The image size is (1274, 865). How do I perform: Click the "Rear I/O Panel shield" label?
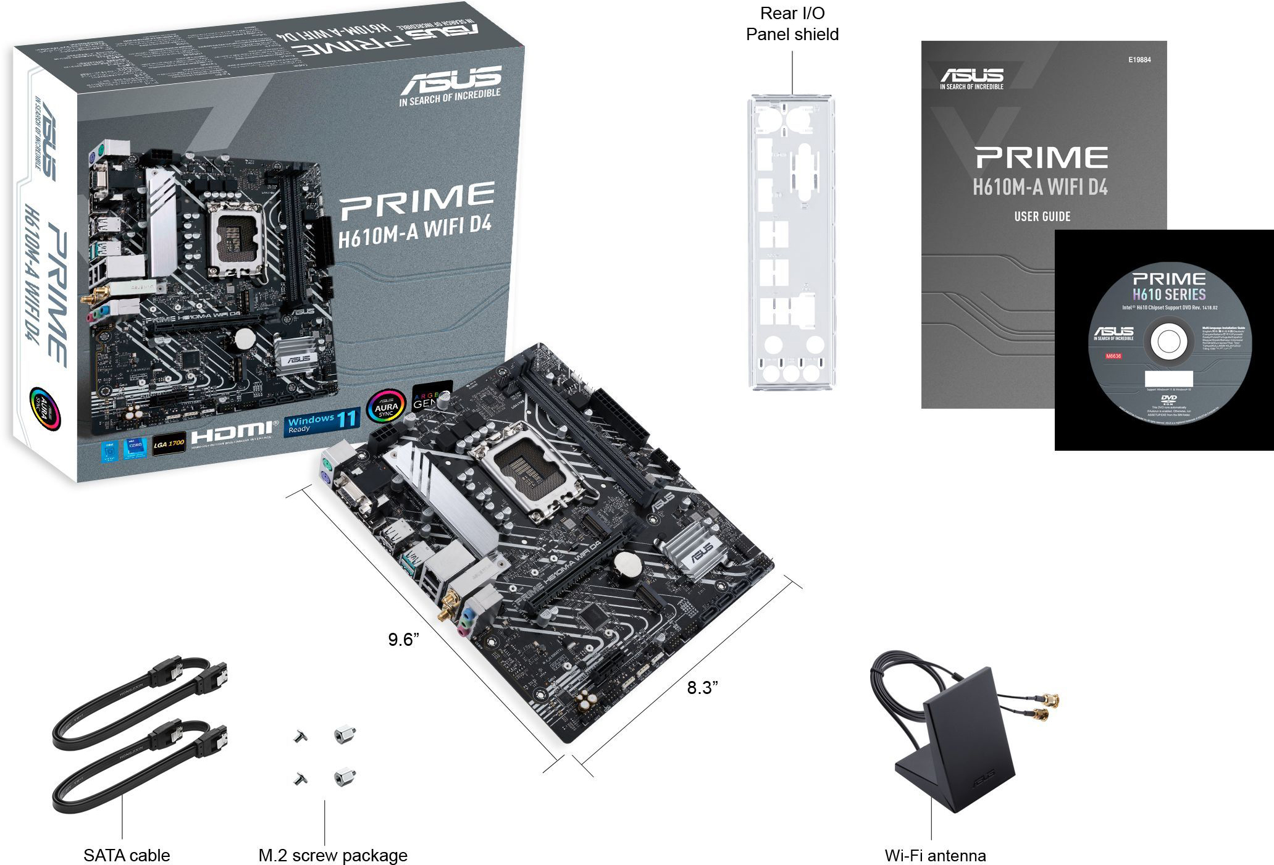click(x=792, y=23)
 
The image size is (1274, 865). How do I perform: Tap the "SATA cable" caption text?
click(x=127, y=855)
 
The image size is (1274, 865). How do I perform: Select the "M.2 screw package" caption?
click(x=333, y=855)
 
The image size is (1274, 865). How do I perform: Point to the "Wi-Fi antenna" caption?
click(x=935, y=855)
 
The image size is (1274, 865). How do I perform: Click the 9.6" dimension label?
click(x=403, y=639)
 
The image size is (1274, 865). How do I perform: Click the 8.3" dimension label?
click(x=702, y=687)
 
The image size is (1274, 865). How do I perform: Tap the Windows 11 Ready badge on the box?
click(x=322, y=422)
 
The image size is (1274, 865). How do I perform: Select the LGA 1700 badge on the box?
click(x=169, y=444)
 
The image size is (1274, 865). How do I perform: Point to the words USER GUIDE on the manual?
click(x=1042, y=216)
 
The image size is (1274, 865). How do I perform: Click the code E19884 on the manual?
click(x=1139, y=60)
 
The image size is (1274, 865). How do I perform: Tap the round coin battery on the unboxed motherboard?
click(x=629, y=564)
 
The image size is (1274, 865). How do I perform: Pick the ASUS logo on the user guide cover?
click(x=971, y=77)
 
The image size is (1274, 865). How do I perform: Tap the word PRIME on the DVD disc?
click(x=1168, y=279)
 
